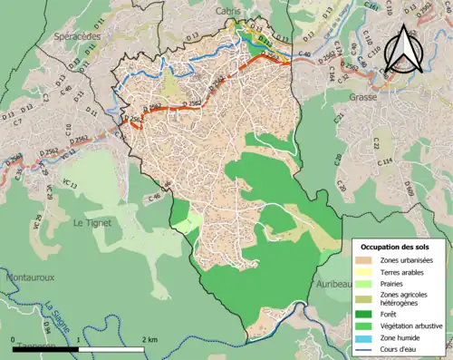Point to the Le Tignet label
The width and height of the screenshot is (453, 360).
pos(92,220)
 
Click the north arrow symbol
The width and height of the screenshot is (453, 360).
pos(407,48)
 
